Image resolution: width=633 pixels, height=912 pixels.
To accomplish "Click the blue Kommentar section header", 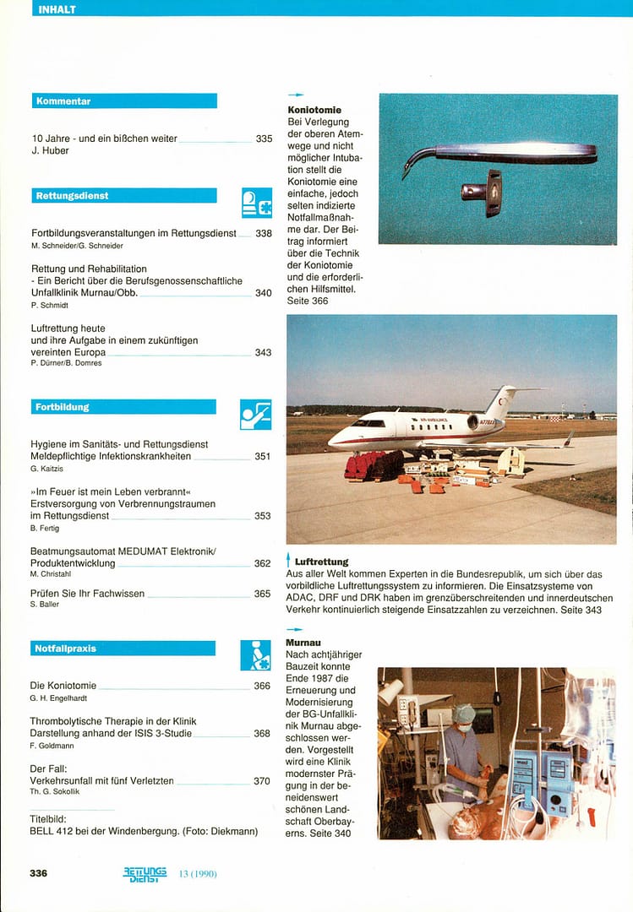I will [124, 101].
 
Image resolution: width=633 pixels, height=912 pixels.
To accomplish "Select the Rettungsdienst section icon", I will [257, 203].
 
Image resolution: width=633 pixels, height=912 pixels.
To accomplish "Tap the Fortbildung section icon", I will [256, 414].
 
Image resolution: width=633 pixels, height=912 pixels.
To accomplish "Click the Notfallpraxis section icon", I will [256, 654].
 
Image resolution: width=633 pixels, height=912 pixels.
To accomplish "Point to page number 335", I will [264, 138].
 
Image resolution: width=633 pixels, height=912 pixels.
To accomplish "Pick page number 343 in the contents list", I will [264, 352].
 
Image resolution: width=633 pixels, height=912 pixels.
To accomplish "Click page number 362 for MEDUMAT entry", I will [263, 563].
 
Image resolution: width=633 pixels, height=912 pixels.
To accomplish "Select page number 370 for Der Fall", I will [262, 781].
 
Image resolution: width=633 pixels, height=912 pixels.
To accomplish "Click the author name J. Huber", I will [48, 151].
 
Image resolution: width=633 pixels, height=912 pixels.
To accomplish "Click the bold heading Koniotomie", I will [314, 110].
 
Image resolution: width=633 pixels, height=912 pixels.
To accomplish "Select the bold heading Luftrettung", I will [322, 562].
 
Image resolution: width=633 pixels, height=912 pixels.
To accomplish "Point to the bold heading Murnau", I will [303, 643].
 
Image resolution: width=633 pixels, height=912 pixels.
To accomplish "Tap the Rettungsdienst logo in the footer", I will [145, 874].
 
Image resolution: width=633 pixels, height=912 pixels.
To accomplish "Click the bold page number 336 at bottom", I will [39, 873].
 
